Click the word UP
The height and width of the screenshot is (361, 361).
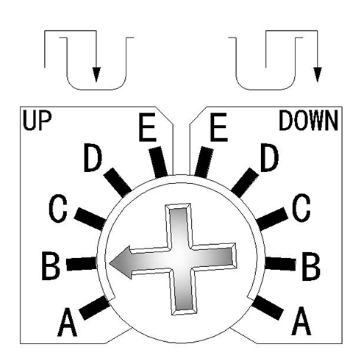click(x=37, y=121)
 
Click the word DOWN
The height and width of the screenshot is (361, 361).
click(x=309, y=121)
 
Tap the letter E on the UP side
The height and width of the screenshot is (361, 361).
click(x=147, y=127)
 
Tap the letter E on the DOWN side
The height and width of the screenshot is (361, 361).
click(x=219, y=127)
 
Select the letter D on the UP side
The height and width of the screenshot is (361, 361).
click(x=93, y=157)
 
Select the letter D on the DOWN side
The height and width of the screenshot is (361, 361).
click(x=270, y=157)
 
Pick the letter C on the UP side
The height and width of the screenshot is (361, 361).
click(x=58, y=208)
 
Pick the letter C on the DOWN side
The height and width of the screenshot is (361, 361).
click(x=301, y=208)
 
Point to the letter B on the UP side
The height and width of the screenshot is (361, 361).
click(x=51, y=266)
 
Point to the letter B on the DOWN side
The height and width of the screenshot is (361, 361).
click(x=311, y=266)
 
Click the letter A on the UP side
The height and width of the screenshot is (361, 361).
click(x=67, y=322)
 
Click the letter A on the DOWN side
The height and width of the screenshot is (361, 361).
click(x=301, y=321)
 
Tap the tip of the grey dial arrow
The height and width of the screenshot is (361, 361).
click(x=110, y=263)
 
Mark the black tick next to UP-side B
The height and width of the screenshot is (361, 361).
click(x=82, y=263)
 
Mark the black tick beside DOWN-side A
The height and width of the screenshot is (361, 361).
click(x=268, y=307)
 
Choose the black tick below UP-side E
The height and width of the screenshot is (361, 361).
click(x=159, y=162)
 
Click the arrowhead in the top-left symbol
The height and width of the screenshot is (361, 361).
click(x=96, y=74)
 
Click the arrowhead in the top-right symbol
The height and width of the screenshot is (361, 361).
click(x=318, y=74)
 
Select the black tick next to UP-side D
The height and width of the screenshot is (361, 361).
click(x=118, y=182)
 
